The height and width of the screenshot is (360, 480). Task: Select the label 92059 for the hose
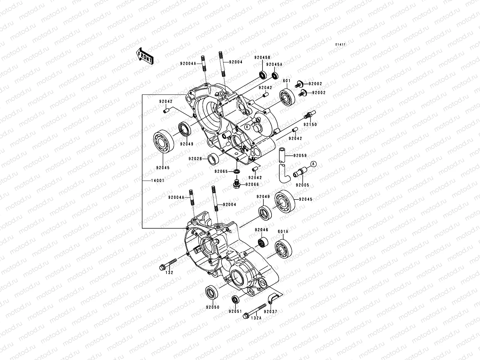(300, 156)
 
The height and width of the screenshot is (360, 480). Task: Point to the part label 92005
(302, 185)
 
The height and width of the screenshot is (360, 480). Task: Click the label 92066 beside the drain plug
(253, 184)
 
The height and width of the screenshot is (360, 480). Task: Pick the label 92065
(221, 172)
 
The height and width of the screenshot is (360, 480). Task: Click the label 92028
(196, 159)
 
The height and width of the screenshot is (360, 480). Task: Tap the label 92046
(262, 230)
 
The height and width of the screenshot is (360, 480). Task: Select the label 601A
(283, 231)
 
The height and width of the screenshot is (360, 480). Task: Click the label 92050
(212, 307)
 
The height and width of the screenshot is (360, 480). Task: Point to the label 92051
(235, 311)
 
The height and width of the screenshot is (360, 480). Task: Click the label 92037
(271, 311)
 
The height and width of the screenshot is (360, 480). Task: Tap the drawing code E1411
(340, 45)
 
